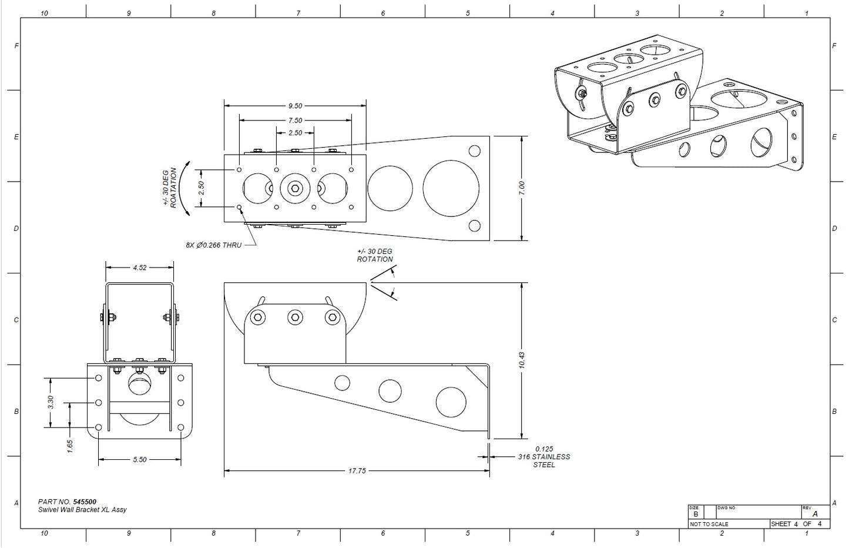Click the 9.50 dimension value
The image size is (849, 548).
pos(296,106)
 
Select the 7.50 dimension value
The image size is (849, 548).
pos(296,121)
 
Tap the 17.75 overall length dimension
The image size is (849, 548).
pos(357,470)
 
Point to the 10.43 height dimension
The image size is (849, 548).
pos(522,360)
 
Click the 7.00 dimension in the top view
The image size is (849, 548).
pos(522,188)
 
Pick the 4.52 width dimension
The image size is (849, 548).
pos(139,268)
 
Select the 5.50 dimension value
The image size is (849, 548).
pos(139,460)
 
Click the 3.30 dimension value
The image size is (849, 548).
pos(51,402)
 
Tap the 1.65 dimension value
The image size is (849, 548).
pos(70,446)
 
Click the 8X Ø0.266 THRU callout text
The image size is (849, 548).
pos(213,245)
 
